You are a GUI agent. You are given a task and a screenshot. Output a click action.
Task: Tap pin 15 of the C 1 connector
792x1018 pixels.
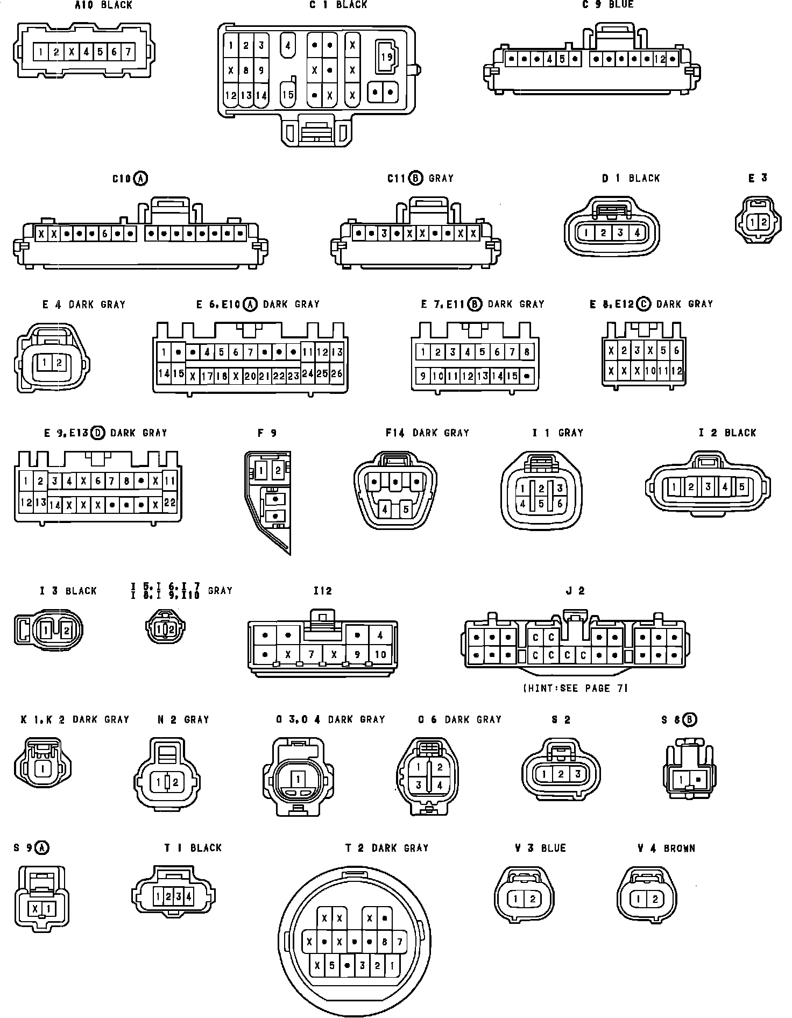coord(288,95)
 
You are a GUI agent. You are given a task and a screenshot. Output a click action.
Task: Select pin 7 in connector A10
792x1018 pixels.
coord(128,52)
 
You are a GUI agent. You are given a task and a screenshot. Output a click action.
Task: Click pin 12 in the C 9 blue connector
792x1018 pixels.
coord(660,59)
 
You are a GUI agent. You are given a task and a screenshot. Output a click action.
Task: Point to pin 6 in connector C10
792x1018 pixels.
coord(104,234)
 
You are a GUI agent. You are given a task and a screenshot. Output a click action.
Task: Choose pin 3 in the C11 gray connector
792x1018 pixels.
coord(384,234)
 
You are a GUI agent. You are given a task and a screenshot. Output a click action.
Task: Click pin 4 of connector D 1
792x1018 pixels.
coord(637,233)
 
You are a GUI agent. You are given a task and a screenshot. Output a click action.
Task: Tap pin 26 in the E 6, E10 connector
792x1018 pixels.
coord(336,373)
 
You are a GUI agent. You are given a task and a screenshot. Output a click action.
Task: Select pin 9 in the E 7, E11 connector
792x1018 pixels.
coord(423,376)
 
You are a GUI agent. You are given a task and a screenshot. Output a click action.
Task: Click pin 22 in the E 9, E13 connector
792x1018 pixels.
coord(169,502)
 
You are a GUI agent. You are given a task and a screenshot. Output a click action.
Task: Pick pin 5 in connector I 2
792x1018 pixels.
coord(741,487)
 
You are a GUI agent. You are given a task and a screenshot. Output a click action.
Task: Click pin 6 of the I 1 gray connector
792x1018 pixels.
coord(560,504)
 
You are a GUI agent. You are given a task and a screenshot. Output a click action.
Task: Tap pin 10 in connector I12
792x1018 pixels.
coord(380,654)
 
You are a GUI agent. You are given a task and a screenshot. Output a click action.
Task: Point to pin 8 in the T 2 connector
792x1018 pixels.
coord(384,942)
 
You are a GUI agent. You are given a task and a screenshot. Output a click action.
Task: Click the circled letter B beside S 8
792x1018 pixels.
coord(690,719)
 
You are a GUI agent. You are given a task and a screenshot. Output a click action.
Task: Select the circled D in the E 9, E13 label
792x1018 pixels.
coord(98,433)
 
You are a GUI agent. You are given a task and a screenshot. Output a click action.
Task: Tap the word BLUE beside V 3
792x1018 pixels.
coord(553,849)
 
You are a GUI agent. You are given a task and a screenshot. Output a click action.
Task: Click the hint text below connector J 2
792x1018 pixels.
coord(575,688)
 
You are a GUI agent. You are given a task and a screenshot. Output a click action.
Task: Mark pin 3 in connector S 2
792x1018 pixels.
coord(577,774)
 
